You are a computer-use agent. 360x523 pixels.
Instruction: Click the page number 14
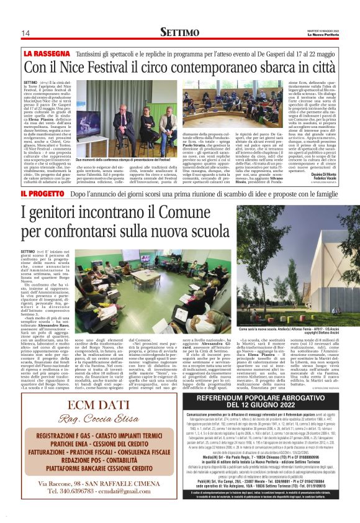[x=25, y=32]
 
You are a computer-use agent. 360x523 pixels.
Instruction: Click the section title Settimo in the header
[x=179, y=32]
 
